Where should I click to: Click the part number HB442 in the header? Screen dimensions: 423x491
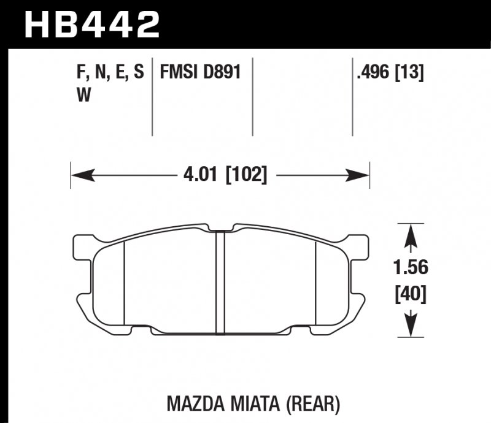[x=92, y=25]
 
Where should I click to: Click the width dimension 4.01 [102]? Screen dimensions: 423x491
[x=225, y=175]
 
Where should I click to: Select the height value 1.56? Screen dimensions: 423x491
[x=410, y=268]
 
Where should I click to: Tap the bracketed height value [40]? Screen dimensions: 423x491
[x=410, y=295]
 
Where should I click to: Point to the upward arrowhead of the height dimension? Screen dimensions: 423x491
[x=410, y=234]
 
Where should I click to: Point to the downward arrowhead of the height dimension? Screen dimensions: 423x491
[x=410, y=327]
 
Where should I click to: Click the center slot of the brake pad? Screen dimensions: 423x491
[x=220, y=282]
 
